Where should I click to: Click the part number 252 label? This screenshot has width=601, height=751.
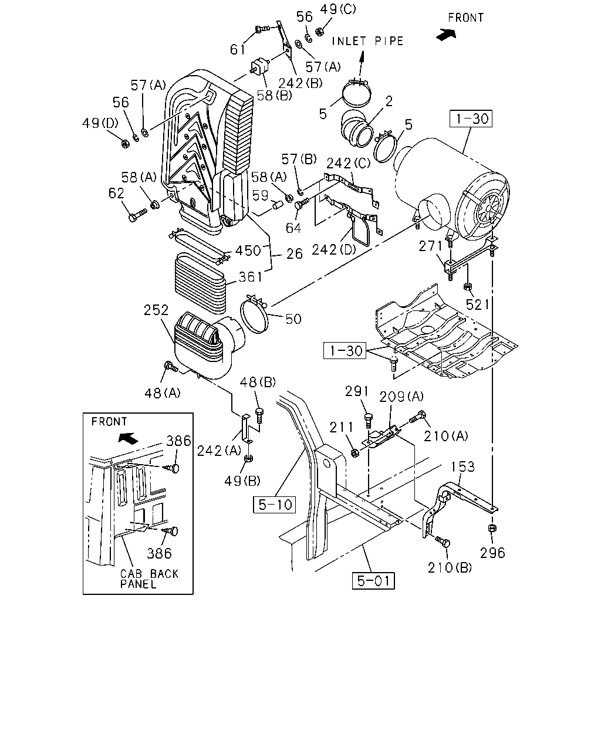tap(156, 310)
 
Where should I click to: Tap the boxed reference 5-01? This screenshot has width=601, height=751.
tap(373, 581)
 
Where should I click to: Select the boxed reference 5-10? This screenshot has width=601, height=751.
tap(275, 505)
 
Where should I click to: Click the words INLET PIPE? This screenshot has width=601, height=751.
tap(367, 41)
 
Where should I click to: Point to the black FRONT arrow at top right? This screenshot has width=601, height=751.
tap(446, 34)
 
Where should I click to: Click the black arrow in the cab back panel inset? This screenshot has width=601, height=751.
tap(128, 438)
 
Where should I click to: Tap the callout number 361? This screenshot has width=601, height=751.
tap(250, 277)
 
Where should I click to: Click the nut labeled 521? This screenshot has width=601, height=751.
tap(468, 287)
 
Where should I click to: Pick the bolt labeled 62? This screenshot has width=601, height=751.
tap(138, 215)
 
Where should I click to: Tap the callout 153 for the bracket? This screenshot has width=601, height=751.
tap(463, 466)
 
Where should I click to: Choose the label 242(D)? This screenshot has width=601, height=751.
tap(334, 249)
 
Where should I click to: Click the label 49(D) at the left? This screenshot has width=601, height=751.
tap(100, 123)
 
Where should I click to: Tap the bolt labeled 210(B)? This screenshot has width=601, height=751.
tap(443, 542)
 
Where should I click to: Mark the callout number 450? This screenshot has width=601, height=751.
tap(248, 251)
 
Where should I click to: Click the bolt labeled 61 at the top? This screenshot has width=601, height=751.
tap(262, 29)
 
